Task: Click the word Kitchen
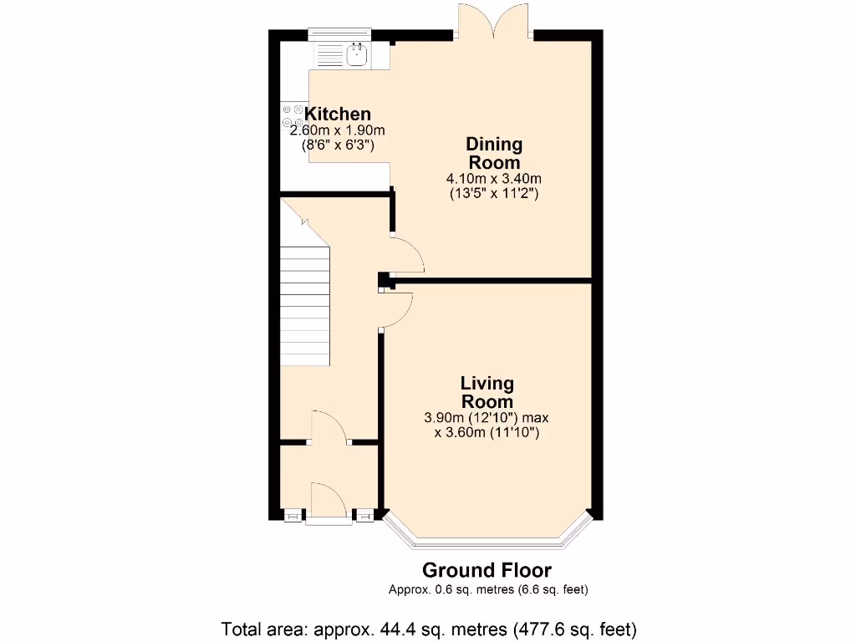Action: [x=338, y=115]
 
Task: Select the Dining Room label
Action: [x=494, y=153]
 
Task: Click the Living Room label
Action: [x=487, y=392]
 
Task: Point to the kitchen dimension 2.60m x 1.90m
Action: [x=337, y=130]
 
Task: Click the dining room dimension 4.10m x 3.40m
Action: [x=494, y=178]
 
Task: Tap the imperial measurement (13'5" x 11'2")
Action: [x=494, y=193]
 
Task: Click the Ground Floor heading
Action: [x=487, y=570]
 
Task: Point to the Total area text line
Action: [x=429, y=627]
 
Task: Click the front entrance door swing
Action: [x=329, y=502]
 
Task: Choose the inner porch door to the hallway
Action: [x=331, y=426]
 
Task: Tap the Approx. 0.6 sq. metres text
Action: [x=488, y=589]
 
